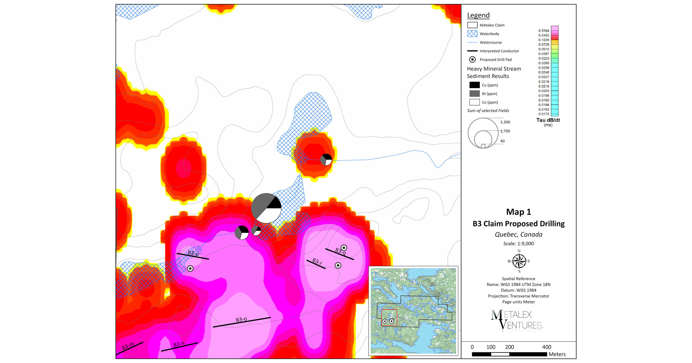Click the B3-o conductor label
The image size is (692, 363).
(x=241, y=319)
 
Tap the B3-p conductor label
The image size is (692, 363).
(x=193, y=253)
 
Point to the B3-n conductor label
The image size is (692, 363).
(x=179, y=344)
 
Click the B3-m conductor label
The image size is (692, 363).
(x=128, y=346)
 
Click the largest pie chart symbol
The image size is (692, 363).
(x=266, y=208)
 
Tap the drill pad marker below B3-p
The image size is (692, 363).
(x=190, y=268)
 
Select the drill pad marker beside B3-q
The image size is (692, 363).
(x=344, y=247)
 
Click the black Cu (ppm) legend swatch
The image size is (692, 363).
(x=474, y=85)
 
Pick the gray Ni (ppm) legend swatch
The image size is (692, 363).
(x=474, y=94)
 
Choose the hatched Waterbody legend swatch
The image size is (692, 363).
(x=472, y=34)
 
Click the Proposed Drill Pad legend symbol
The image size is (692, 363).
(x=472, y=60)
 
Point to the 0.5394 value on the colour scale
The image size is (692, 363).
(x=543, y=31)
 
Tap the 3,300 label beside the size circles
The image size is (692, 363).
(x=505, y=122)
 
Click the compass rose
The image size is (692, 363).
(x=519, y=261)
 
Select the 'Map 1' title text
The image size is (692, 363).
(x=518, y=212)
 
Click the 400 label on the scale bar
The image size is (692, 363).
(x=546, y=347)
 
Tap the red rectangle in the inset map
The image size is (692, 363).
(x=389, y=318)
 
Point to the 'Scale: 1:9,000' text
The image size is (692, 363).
(x=518, y=244)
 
